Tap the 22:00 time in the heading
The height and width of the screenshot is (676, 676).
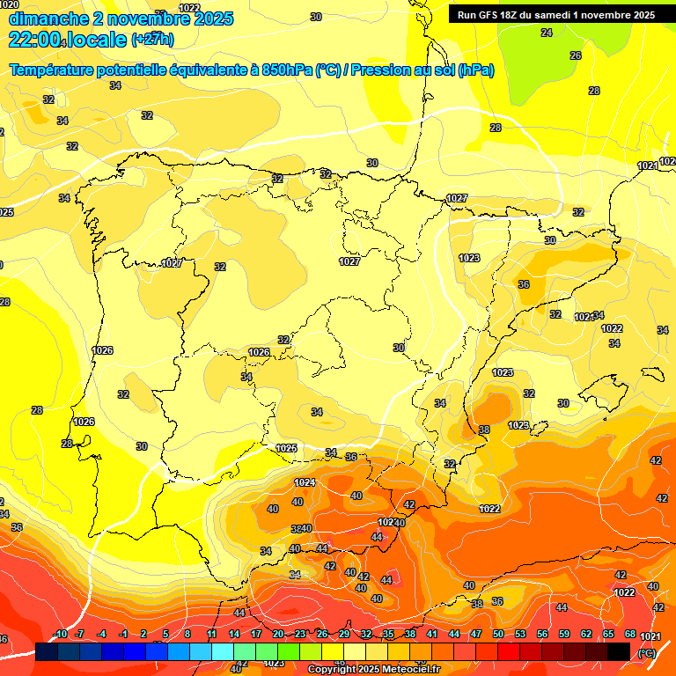click(35, 40)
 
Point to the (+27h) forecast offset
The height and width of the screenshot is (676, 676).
click(152, 40)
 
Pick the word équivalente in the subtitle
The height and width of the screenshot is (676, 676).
click(199, 70)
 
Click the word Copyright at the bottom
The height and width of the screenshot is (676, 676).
click(332, 670)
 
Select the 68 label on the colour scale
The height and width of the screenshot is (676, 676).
click(630, 634)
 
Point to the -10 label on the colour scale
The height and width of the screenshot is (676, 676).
click(61, 634)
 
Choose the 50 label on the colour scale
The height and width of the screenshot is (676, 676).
click(498, 634)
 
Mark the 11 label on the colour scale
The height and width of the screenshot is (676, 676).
click(212, 634)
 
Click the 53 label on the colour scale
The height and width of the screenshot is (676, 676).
click(520, 634)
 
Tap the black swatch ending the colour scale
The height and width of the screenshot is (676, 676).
click(619, 651)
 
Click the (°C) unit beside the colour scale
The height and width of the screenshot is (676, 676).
click(646, 652)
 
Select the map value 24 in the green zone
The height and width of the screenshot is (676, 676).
click(547, 33)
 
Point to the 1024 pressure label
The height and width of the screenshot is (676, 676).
click(305, 482)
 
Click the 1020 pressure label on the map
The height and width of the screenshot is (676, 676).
click(9, 4)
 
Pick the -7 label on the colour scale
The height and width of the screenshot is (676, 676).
click(80, 634)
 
